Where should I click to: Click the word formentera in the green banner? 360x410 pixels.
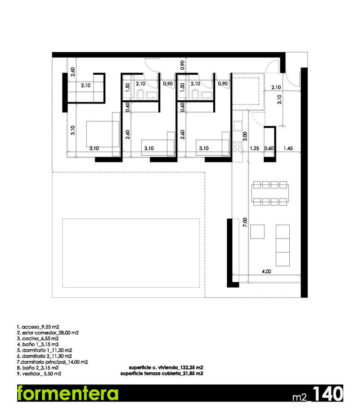67,393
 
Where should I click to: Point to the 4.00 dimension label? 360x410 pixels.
266,271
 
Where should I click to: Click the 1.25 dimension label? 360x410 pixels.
254,148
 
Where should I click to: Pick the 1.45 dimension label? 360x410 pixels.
288,148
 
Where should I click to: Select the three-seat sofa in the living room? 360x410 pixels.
283,245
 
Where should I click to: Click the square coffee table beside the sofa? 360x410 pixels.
258,231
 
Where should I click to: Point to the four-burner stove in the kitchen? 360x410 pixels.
237,146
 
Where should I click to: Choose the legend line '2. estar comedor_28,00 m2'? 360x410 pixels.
48,333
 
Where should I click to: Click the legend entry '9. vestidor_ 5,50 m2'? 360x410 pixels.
39,374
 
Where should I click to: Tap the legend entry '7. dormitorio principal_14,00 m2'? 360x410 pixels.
52,362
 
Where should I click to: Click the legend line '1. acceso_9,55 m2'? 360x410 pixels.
37,327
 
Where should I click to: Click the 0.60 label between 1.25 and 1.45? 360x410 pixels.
269,148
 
